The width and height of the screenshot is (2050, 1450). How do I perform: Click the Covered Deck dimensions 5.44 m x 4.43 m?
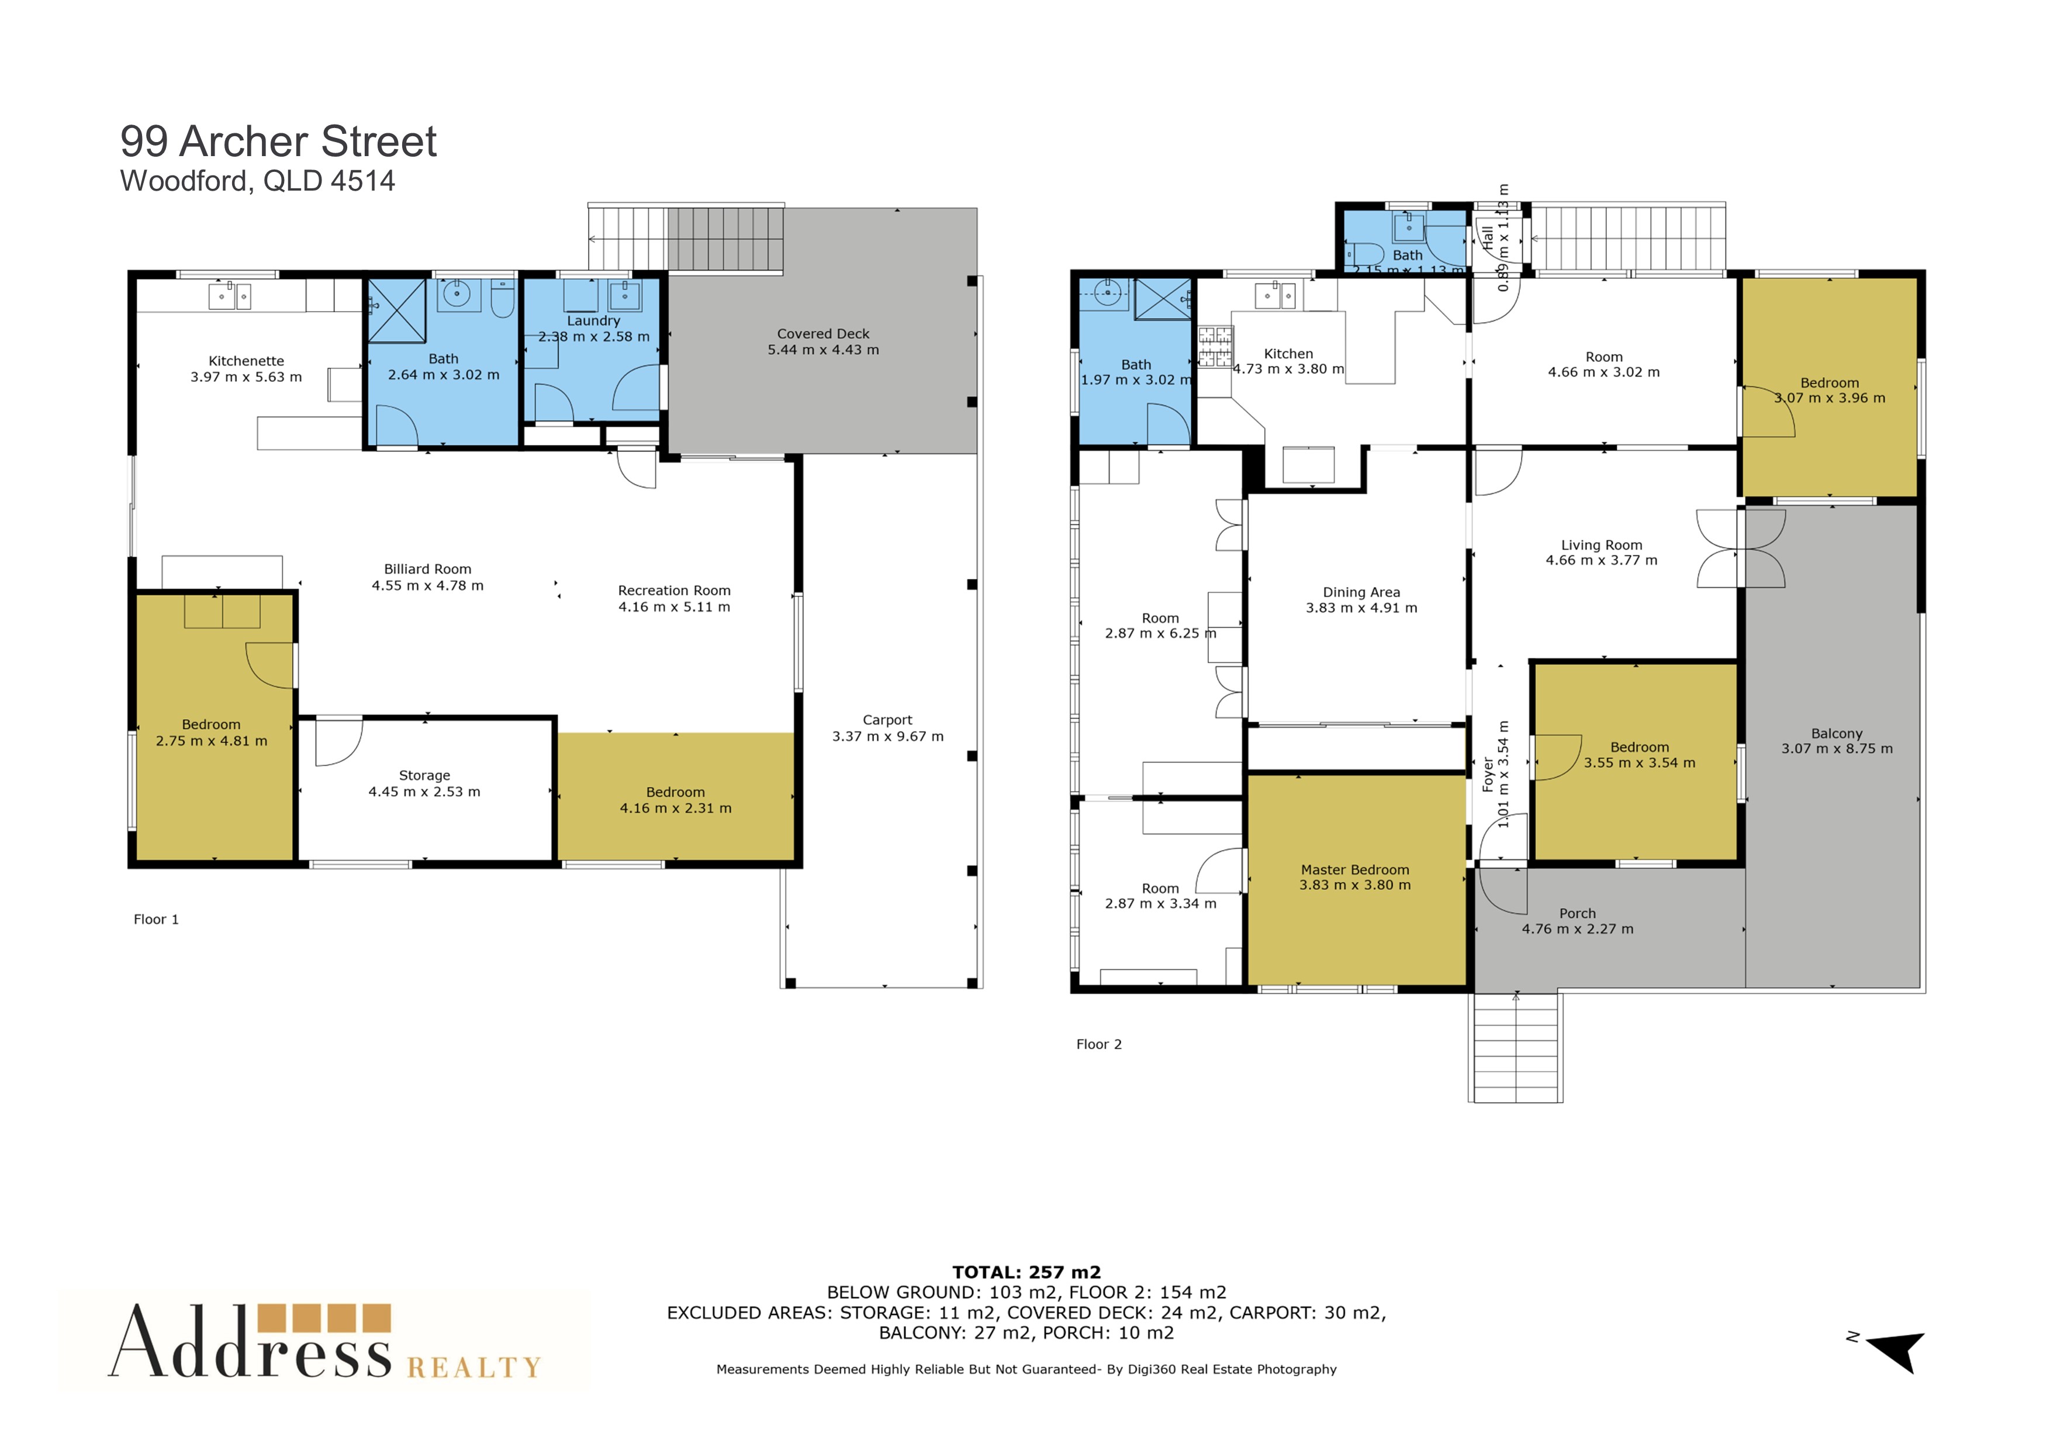click(823, 350)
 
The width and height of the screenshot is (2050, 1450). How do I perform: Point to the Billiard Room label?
click(428, 569)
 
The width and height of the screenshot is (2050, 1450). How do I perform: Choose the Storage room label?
click(424, 776)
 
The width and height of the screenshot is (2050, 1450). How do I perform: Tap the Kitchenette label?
click(247, 361)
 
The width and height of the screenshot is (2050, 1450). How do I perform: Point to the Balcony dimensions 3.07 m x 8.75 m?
click(1837, 749)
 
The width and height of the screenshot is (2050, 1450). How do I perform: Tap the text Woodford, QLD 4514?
click(257, 181)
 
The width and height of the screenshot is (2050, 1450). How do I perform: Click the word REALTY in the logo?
click(474, 1368)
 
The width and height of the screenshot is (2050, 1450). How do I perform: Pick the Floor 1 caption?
click(156, 920)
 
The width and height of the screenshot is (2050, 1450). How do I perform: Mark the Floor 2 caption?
click(1099, 1045)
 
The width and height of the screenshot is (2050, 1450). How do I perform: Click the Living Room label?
click(1602, 545)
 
